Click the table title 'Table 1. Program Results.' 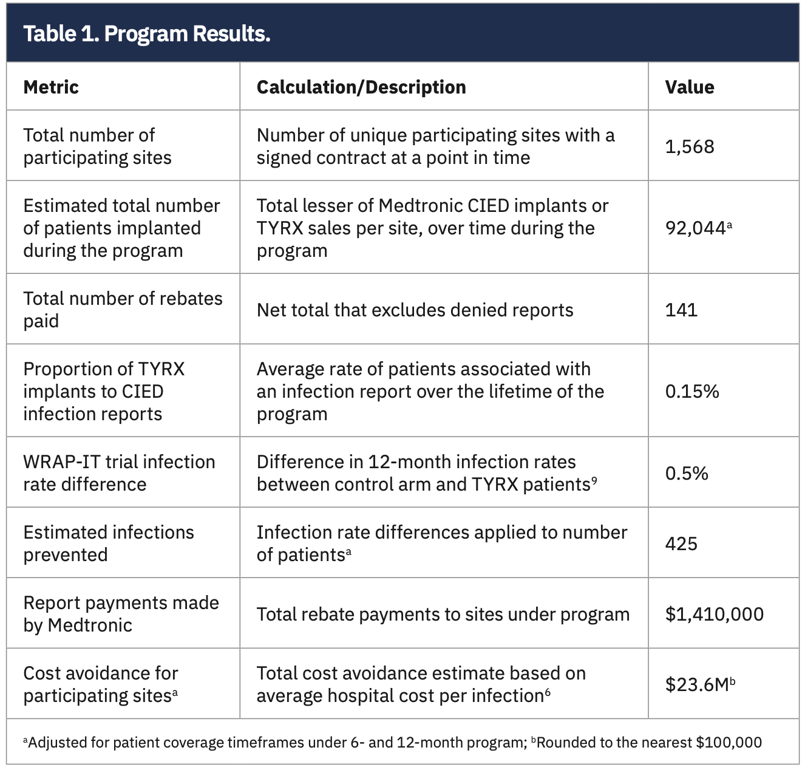coord(146,33)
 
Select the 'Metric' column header coord(51,87)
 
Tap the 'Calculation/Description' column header coord(361,87)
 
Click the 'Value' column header coord(689,87)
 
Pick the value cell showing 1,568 coord(689,146)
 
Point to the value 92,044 coord(696,228)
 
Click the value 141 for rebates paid coord(681,310)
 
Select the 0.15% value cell coord(692,391)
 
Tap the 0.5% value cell coord(687,473)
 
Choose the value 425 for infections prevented coord(681,543)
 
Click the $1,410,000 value coord(714,614)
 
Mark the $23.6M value coord(697,684)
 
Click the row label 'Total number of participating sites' coord(97,146)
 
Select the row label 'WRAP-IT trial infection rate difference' coord(119,473)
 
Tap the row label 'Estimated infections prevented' coord(108,543)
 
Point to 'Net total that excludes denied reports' coord(415,310)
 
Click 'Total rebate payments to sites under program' coord(443,614)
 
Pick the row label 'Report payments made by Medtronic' coord(120,614)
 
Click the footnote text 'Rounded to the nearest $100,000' coord(648,742)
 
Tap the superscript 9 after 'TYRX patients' coord(594,480)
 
